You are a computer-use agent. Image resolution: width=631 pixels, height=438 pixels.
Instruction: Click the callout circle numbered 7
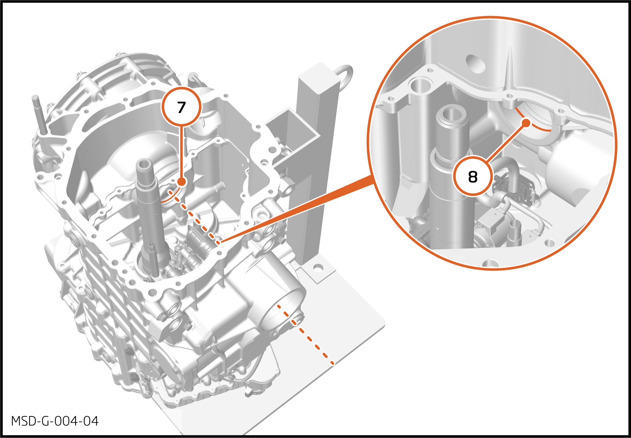181,107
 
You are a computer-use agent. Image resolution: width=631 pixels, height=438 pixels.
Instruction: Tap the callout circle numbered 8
473,176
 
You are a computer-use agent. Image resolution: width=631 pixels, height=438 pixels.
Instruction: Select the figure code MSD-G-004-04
55,421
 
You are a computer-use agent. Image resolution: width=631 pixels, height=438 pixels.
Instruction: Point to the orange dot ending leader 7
181,182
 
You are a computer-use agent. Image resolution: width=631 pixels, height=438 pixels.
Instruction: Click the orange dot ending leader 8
527,123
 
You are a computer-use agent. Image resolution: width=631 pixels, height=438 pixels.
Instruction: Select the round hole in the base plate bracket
318,268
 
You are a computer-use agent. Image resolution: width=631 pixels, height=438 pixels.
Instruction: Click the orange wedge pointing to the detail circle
297,209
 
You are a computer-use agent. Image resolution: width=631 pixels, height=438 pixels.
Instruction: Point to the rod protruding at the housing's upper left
39,115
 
